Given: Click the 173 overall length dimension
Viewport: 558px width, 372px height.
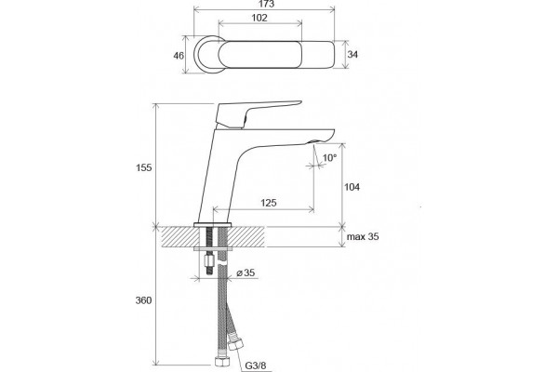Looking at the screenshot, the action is click(265, 5).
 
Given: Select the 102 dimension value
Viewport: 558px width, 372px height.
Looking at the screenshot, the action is click(259, 18).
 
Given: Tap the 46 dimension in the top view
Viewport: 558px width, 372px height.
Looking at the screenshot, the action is click(179, 56).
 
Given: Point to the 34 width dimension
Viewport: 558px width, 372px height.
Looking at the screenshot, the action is click(352, 55).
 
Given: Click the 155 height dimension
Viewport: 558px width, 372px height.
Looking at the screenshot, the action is click(144, 167).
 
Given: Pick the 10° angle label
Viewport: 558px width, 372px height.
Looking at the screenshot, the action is click(329, 158).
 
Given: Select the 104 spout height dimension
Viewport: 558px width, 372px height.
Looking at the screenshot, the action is click(352, 187).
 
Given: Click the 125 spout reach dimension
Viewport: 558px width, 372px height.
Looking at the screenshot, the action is click(269, 203).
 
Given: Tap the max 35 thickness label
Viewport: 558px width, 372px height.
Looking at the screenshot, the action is click(363, 237).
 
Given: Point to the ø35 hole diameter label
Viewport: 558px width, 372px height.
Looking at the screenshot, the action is click(246, 273).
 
